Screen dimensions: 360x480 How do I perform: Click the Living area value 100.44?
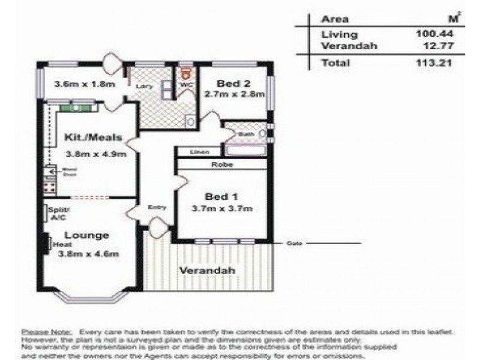[434, 34]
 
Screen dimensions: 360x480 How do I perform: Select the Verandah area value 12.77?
[436, 46]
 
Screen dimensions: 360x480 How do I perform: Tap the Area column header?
[335, 19]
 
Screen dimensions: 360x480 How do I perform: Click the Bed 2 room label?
[230, 83]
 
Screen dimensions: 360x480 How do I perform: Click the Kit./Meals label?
[93, 137]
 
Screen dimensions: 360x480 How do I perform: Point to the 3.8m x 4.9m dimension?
[95, 154]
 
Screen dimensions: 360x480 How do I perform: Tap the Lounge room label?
[86, 235]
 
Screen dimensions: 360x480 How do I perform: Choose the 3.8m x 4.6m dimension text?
[88, 254]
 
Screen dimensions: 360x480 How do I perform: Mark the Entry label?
[157, 208]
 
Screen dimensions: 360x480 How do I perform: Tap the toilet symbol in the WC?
[186, 73]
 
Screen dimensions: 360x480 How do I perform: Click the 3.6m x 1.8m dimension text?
[83, 84]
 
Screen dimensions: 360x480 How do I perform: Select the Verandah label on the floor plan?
[206, 270]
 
